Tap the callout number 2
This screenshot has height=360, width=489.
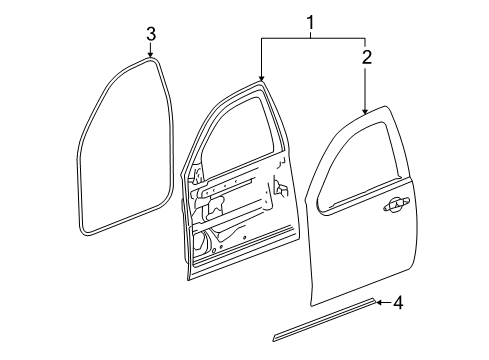pyautogui.click(x=367, y=57)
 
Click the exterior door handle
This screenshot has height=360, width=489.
pyautogui.click(x=393, y=205)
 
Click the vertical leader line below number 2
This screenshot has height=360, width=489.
pyautogui.click(x=366, y=85)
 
